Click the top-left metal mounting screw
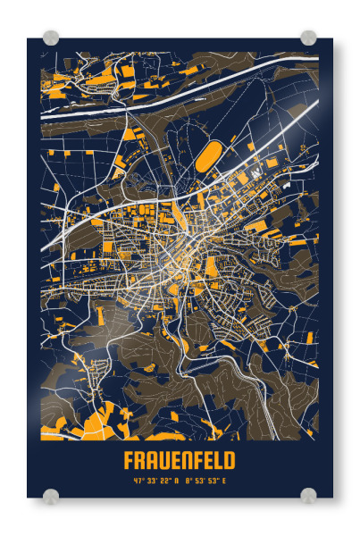(52, 38)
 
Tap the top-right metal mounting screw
(308, 38)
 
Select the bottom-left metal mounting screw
(52, 496)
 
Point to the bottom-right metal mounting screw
(308, 496)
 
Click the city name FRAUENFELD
(180, 460)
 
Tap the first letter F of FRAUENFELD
(130, 460)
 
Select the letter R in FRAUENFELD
(140, 460)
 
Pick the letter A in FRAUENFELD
(152, 460)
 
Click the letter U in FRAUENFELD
(163, 460)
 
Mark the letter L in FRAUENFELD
(219, 460)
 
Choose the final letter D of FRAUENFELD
(230, 460)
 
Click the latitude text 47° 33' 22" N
(155, 482)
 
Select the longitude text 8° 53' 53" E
(205, 482)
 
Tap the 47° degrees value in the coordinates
(138, 482)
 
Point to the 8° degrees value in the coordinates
(187, 482)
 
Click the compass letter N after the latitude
(177, 482)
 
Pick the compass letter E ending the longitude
(224, 482)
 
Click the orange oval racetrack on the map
(207, 157)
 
